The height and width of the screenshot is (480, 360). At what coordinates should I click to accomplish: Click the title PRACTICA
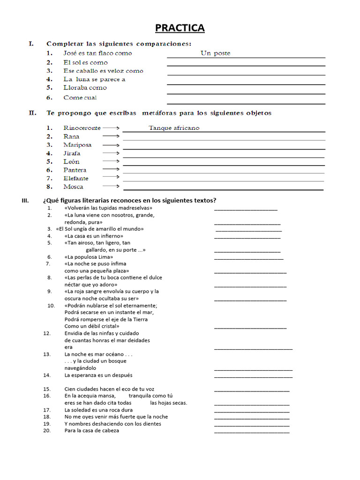pyautogui.click(x=180, y=28)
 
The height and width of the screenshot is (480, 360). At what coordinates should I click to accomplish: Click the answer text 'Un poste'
pyautogui.click(x=215, y=53)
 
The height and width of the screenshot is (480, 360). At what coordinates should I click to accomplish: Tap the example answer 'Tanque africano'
pyautogui.click(x=174, y=128)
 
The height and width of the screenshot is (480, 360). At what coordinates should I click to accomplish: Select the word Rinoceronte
pyautogui.click(x=82, y=128)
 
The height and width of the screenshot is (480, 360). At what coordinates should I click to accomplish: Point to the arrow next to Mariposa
pyautogui.click(x=111, y=145)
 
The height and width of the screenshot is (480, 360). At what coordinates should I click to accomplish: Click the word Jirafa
pyautogui.click(x=72, y=153)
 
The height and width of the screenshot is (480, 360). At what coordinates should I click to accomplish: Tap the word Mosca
pyautogui.click(x=73, y=187)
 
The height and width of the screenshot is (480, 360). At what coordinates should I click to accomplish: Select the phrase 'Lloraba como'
pyautogui.click(x=85, y=88)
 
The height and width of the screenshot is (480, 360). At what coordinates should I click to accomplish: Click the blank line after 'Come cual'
pyautogui.click(x=246, y=103)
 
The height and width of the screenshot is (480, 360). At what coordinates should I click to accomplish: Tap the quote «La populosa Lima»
pyautogui.click(x=89, y=257)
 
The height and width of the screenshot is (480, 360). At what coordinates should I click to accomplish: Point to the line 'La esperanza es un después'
pyautogui.click(x=98, y=375)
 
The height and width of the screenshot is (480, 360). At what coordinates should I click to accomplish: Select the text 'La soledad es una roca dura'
pyautogui.click(x=98, y=410)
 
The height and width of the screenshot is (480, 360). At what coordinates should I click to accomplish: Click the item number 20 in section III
pyautogui.click(x=47, y=430)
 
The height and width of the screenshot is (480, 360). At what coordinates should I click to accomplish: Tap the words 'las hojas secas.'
pyautogui.click(x=168, y=403)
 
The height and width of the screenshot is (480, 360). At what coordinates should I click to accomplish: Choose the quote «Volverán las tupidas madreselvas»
pyautogui.click(x=108, y=208)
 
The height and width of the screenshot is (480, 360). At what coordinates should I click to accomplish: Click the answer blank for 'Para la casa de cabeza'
pyautogui.click(x=252, y=432)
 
